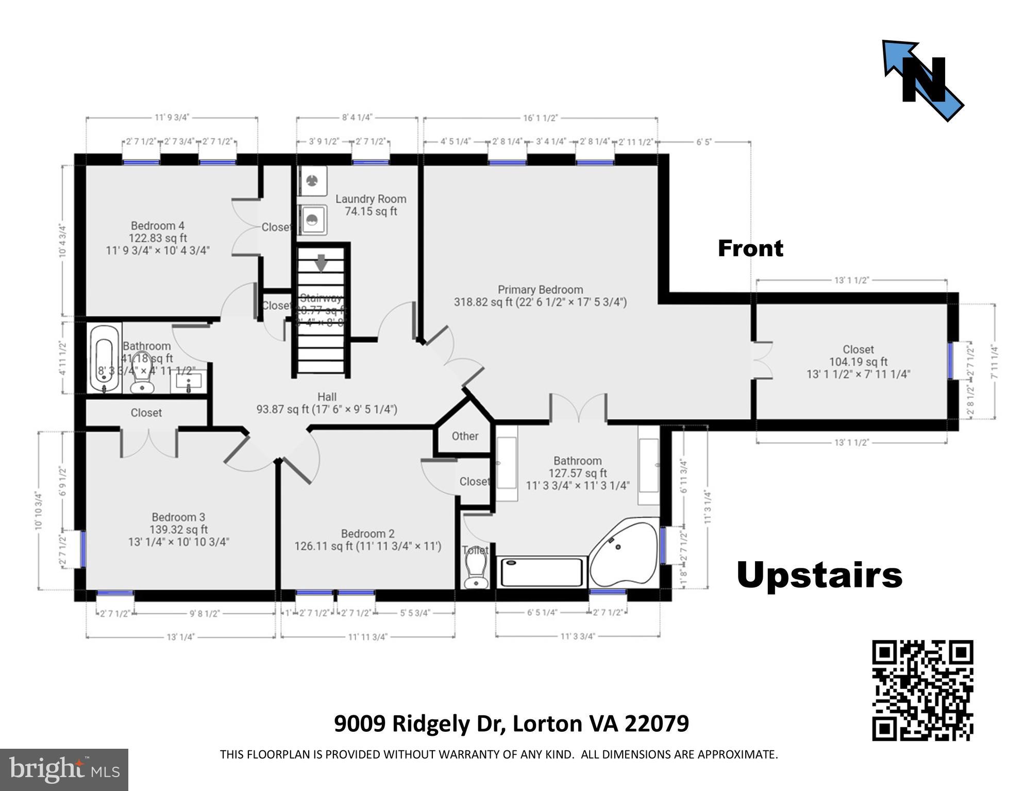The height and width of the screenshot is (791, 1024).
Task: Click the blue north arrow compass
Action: (x=922, y=80)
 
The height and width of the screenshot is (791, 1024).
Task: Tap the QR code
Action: (x=922, y=690)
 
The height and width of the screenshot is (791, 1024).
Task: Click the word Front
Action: (x=750, y=249)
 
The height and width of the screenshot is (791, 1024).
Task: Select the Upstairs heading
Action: (x=819, y=575)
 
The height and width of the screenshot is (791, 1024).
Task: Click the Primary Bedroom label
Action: (x=540, y=296)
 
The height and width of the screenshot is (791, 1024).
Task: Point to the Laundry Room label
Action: (x=371, y=205)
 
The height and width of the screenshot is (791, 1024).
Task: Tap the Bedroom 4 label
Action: (x=157, y=238)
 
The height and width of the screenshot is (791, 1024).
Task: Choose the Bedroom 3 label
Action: (x=178, y=529)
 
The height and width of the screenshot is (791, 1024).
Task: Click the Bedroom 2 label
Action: (x=367, y=540)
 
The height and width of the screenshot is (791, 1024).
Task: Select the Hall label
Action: (x=327, y=403)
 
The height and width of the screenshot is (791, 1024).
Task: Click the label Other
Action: (x=465, y=436)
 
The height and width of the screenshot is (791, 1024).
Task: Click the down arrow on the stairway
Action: (x=321, y=262)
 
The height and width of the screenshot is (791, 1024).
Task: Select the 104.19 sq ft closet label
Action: (x=858, y=362)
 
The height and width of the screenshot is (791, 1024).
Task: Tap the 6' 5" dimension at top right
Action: (x=703, y=142)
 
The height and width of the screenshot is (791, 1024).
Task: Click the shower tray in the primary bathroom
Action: (x=542, y=572)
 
